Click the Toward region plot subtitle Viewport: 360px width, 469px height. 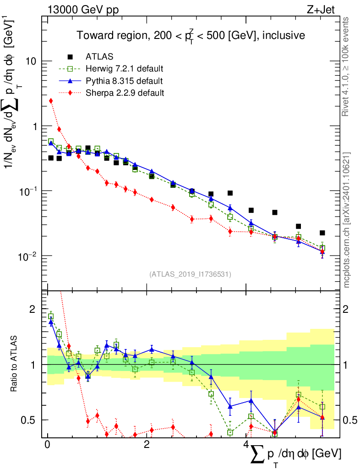point(191,35)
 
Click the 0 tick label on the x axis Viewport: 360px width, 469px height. point(47,445)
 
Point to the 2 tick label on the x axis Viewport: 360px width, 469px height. point(146,445)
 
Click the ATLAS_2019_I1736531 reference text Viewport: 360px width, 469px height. point(190,274)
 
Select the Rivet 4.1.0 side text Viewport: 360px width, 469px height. point(347,66)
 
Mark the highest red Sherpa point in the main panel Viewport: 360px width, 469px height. point(51,101)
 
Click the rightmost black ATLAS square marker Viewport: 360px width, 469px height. point(322,233)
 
